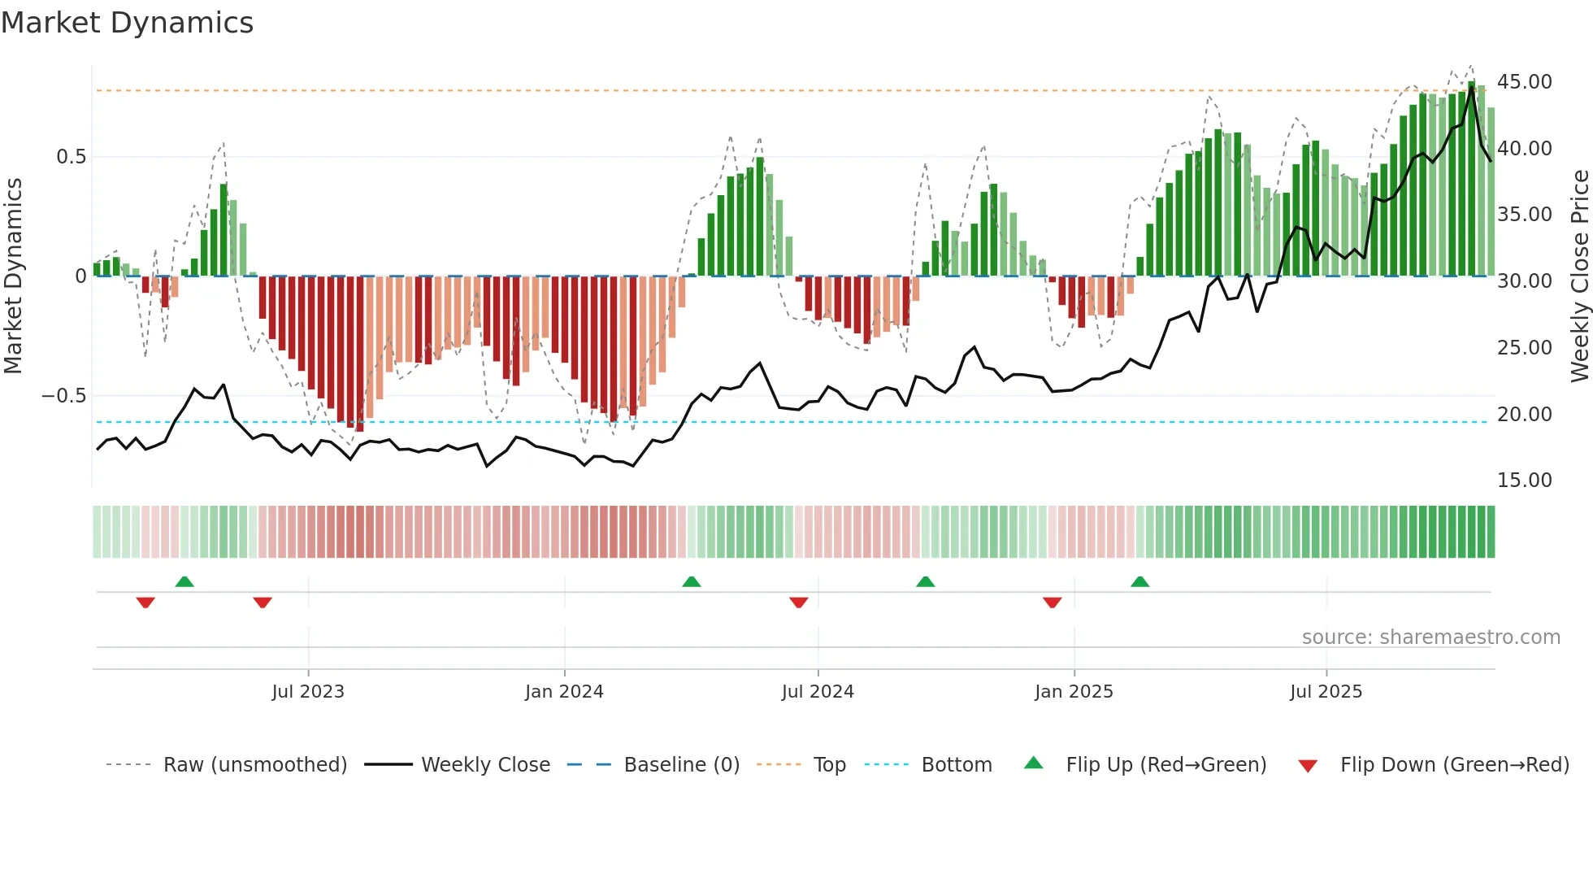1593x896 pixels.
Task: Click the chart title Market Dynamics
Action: pos(127,23)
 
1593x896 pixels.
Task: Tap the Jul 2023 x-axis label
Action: pos(308,692)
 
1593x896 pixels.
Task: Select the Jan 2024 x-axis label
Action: pos(564,692)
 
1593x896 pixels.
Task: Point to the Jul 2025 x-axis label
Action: pos(1326,692)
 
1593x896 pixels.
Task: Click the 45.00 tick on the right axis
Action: pos(1524,82)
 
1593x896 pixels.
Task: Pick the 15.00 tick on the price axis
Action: pos(1524,481)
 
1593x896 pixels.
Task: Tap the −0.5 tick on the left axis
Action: pos(63,396)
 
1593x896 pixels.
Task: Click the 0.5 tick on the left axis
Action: pos(71,157)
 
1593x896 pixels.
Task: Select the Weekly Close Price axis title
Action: pos(1579,276)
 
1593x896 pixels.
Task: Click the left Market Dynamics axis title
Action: pos(13,276)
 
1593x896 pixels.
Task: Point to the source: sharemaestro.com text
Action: pos(1430,637)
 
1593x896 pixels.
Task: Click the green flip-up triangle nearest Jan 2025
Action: pos(1139,582)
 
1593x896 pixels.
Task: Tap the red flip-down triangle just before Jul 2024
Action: pos(798,602)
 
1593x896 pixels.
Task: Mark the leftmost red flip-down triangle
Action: pos(145,602)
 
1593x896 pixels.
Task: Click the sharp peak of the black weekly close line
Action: pos(1472,88)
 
